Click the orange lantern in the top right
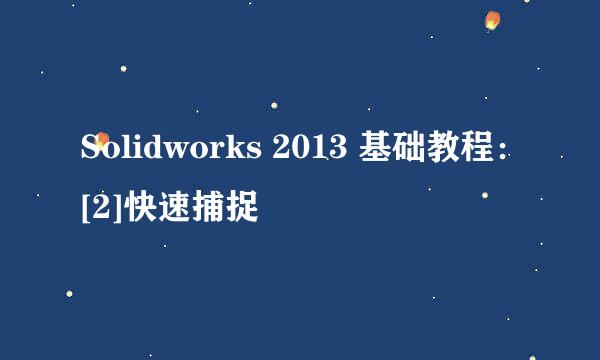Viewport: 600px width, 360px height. pos(491,21)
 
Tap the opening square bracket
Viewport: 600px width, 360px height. pos(85,208)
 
